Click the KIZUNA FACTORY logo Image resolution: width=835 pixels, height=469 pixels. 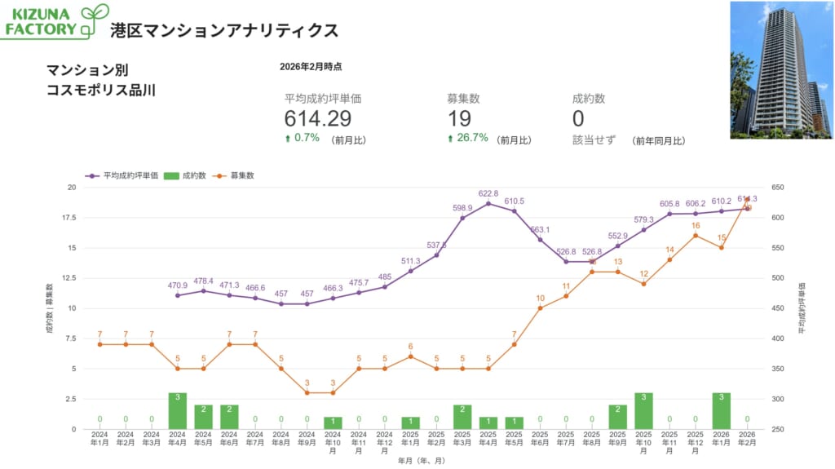pyautogui.click(x=55, y=21)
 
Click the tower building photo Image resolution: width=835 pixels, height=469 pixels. pyautogui.click(x=780, y=69)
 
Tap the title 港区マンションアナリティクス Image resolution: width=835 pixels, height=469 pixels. pyautogui.click(x=224, y=30)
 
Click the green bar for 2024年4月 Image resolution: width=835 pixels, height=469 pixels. pyautogui.click(x=178, y=410)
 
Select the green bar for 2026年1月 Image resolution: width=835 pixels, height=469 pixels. pyautogui.click(x=721, y=410)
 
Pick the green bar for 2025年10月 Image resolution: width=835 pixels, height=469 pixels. pyautogui.click(x=643, y=410)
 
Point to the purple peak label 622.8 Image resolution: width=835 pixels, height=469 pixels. pyautogui.click(x=488, y=193)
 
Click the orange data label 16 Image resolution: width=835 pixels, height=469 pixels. pyautogui.click(x=696, y=226)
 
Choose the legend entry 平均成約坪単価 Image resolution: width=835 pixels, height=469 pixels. pyautogui.click(x=123, y=175)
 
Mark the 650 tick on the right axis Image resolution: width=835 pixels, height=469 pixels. pyautogui.click(x=777, y=188)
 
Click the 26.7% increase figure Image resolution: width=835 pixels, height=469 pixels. pyautogui.click(x=470, y=139)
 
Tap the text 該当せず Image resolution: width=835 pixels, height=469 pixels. pyautogui.click(x=594, y=139)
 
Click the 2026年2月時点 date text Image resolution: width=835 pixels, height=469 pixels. pyautogui.click(x=311, y=66)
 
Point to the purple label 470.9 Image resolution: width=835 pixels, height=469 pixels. pyautogui.click(x=178, y=285)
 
